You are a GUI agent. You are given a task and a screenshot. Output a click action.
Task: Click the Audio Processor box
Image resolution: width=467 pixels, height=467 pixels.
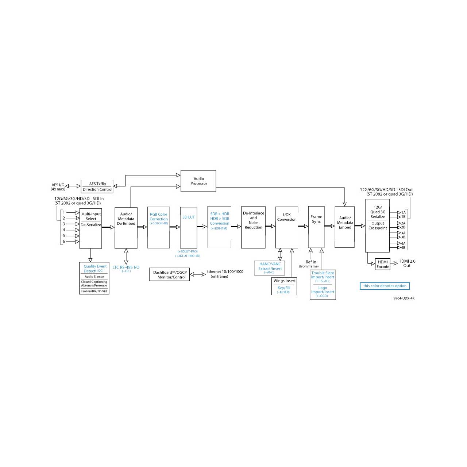198,181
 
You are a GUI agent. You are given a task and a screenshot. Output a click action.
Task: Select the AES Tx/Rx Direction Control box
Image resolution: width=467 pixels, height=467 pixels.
97,186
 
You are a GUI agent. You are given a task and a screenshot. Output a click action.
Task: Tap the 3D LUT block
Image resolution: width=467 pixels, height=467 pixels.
188,228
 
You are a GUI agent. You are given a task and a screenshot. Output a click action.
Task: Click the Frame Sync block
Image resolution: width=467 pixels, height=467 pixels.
316,227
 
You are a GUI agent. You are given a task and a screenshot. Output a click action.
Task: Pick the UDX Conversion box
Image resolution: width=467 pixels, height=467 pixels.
286,227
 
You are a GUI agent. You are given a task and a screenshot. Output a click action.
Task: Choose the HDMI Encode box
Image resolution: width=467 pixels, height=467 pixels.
382,264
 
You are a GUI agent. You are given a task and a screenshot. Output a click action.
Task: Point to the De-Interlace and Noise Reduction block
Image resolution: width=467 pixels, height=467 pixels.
253,227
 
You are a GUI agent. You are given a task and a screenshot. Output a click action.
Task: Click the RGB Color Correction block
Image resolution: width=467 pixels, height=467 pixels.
158,228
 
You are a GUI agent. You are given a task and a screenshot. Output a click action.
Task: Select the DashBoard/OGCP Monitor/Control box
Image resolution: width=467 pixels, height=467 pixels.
169,275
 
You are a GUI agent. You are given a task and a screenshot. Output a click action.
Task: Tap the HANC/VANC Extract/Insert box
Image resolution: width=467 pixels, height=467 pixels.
269,268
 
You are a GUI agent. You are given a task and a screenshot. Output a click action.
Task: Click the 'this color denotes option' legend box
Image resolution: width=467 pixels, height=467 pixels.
385,286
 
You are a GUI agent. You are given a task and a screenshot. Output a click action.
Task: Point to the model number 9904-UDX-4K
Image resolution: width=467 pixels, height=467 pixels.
404,298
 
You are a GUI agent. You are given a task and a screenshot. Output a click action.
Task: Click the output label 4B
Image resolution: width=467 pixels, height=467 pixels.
403,248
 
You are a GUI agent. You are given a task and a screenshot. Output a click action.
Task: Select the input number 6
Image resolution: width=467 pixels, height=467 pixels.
64,242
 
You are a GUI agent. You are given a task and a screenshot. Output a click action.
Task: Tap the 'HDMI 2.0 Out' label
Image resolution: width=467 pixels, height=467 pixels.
407,263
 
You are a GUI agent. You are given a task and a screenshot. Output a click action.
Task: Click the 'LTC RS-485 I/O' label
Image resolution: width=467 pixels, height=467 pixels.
126,267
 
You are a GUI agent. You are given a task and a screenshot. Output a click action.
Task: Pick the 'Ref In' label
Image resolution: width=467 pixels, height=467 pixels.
311,262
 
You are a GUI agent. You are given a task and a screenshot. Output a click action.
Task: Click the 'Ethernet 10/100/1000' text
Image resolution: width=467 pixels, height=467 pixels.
225,272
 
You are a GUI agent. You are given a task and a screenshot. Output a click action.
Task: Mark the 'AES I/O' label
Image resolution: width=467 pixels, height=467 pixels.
58,185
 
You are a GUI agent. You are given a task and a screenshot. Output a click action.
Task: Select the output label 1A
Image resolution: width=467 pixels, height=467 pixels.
403,213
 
